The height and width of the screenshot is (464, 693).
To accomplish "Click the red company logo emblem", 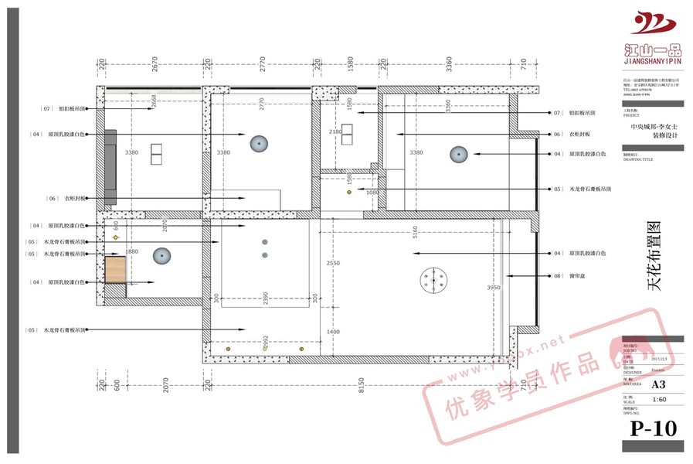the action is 653,23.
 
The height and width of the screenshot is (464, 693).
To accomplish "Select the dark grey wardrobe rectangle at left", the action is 110,167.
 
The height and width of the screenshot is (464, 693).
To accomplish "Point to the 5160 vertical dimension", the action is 415,233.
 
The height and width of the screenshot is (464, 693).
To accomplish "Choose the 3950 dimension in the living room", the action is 494,288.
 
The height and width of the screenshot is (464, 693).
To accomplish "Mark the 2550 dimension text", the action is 332,263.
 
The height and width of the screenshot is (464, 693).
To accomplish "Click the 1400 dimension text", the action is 332,331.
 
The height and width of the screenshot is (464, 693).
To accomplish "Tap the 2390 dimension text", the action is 264,299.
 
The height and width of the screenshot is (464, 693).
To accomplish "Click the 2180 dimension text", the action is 335,132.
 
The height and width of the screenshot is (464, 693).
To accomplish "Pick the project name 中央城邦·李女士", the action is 654,126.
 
